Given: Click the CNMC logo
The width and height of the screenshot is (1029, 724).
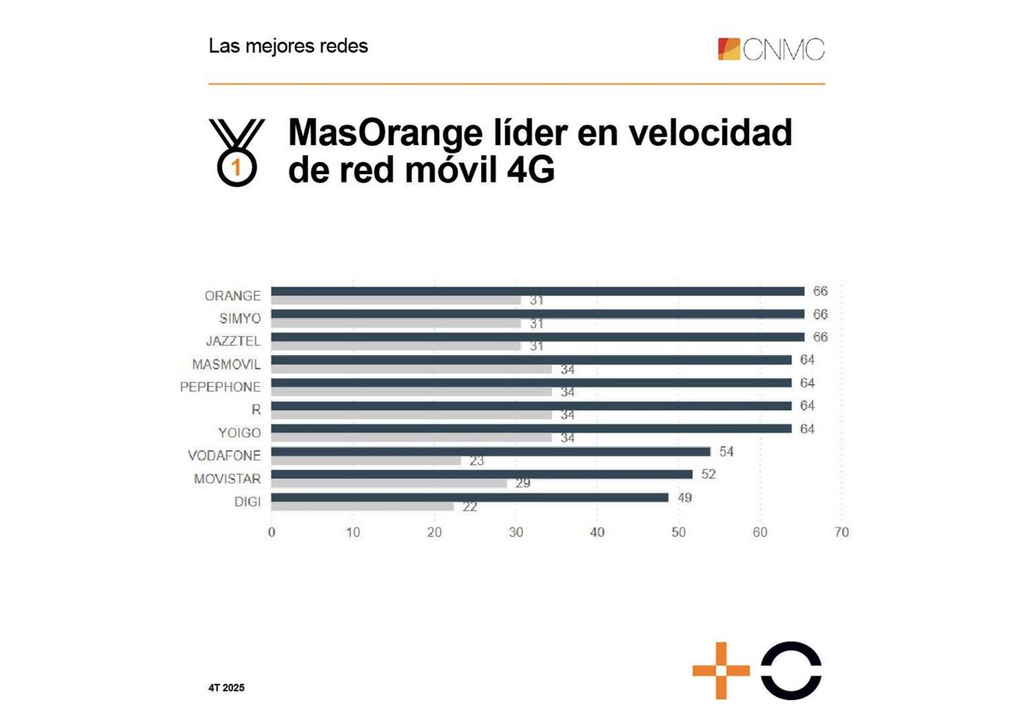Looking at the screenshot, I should point(771,50).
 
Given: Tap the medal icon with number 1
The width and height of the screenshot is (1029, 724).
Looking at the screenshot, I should point(233,153).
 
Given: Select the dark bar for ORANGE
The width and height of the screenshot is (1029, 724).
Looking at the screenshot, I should point(538,292).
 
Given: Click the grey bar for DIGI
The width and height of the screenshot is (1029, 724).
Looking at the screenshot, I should point(362,506).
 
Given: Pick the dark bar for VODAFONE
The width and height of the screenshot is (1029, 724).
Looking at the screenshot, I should point(490,451).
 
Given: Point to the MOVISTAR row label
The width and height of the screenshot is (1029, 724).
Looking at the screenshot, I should point(228,476).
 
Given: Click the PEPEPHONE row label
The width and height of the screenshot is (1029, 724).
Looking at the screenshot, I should point(220,386).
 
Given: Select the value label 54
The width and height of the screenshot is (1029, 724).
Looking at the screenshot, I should point(725,451).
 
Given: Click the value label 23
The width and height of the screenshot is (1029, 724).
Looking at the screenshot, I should point(476,461).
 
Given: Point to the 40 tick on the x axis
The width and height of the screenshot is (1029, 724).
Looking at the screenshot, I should point(597,533).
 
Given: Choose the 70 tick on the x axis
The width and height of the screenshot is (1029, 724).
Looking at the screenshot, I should point(841,533).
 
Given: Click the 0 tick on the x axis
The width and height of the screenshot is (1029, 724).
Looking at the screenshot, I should point(272,533).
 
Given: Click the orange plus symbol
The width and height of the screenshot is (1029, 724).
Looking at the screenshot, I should point(720,670).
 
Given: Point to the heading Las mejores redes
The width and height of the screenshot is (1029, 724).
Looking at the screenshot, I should point(288,46).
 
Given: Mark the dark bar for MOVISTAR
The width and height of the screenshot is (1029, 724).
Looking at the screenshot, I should point(482,474).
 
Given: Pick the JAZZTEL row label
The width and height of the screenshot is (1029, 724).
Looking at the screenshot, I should point(232,341).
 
